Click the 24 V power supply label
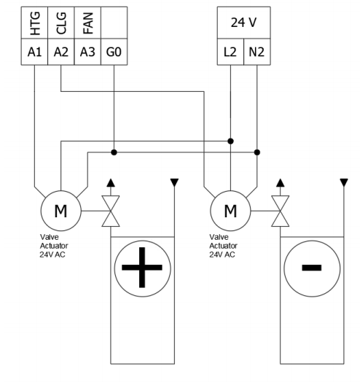pos(244,23)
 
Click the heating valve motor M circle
pos(61,211)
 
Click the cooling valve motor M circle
pos(231,211)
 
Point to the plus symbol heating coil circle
pos(142,267)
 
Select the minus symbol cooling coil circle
pos(311,267)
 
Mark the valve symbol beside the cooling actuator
pos(278,212)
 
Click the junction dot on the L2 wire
pos(231,141)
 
